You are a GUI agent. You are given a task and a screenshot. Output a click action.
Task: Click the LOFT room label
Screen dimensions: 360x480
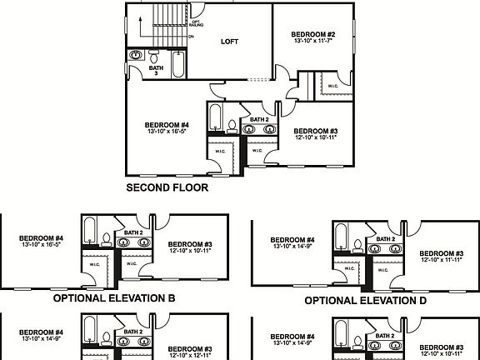coord(230,40)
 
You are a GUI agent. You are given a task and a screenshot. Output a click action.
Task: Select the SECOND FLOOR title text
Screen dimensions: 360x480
coord(167,187)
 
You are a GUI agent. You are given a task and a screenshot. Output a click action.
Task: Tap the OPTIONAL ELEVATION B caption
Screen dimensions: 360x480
coord(113,297)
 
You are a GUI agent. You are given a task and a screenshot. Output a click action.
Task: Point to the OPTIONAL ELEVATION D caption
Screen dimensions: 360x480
coord(366,300)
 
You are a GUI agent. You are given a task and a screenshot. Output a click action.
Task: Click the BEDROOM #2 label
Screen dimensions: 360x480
coord(312,34)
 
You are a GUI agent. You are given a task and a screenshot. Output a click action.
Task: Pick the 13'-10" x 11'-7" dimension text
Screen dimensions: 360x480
coord(312,42)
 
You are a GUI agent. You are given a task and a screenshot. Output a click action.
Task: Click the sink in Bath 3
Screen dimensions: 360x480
coord(136,56)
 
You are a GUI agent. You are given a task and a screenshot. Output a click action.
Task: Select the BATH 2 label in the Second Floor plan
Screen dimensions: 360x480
coord(259,120)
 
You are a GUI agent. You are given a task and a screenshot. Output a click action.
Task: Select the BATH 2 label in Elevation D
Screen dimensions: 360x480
coord(384,239)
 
